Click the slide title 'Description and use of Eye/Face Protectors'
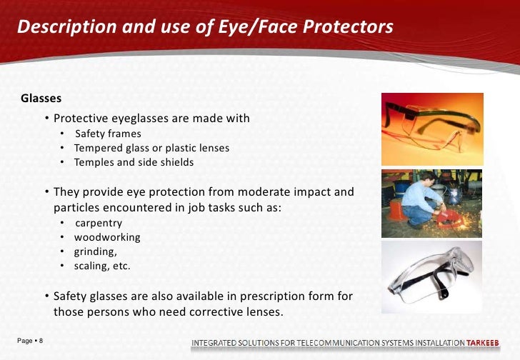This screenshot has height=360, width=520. [205, 27]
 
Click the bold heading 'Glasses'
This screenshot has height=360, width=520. [41, 98]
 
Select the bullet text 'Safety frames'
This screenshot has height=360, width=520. [108, 134]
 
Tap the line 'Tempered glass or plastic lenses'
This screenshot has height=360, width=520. [151, 148]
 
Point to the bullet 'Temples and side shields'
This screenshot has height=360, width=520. [134, 162]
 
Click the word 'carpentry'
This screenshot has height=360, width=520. [99, 222]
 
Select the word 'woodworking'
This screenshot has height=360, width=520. [107, 236]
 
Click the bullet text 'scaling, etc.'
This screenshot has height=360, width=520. [102, 266]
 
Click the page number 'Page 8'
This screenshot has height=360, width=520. [29, 341]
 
